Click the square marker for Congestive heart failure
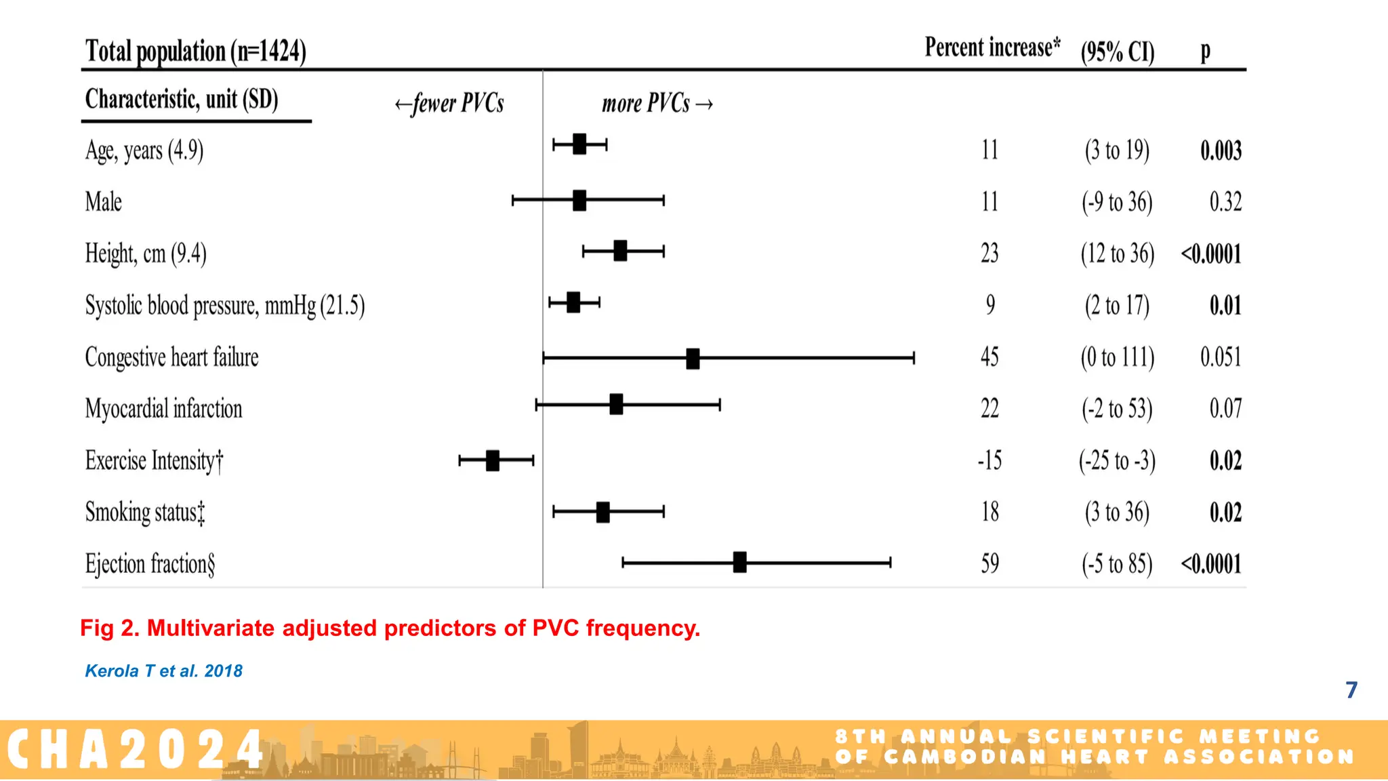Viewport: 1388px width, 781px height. [x=693, y=359]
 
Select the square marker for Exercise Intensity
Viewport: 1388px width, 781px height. [x=493, y=460]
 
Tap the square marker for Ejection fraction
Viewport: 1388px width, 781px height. [x=739, y=562]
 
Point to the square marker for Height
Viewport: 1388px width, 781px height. [x=620, y=251]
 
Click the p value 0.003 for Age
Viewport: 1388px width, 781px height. [x=1221, y=151]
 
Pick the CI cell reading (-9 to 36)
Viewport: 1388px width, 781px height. [x=1117, y=202]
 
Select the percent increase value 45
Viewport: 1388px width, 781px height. [x=989, y=357]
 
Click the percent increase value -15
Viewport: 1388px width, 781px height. [x=989, y=461]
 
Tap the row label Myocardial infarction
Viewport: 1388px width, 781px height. [x=163, y=409]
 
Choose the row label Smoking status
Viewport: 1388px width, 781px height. [x=145, y=513]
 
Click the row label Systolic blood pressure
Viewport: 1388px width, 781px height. [x=224, y=306]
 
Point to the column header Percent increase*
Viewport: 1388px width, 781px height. [x=992, y=48]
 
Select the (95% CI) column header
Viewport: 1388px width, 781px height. [x=1118, y=52]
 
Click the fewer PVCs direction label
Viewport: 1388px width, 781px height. [x=450, y=104]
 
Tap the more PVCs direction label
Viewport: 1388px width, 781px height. [x=657, y=104]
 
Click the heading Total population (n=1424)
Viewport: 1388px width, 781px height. [x=195, y=52]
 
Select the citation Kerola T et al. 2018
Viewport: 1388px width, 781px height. [x=163, y=671]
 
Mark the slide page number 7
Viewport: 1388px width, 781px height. [x=1351, y=690]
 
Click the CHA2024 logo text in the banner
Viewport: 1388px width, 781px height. [x=136, y=750]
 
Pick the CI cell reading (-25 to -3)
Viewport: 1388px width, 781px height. [x=1117, y=461]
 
